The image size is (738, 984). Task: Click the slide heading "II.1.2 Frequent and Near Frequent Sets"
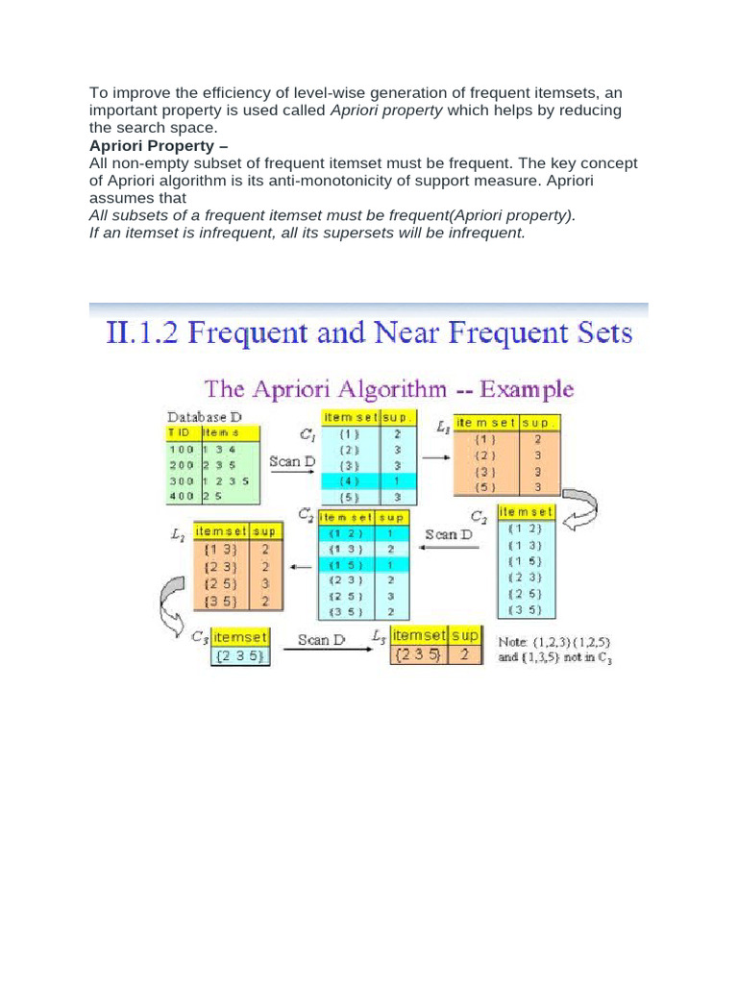pyautogui.click(x=366, y=334)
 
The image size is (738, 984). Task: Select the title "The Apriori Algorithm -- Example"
pyautogui.click(x=388, y=390)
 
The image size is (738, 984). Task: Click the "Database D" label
pyautogui.click(x=205, y=417)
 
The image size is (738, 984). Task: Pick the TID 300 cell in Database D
pyautogui.click(x=182, y=480)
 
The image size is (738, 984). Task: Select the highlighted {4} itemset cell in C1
pyautogui.click(x=350, y=480)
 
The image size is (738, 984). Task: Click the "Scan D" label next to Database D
pyautogui.click(x=292, y=461)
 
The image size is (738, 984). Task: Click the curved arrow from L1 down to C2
pyautogui.click(x=580, y=506)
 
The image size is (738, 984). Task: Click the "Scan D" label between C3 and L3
pyautogui.click(x=321, y=640)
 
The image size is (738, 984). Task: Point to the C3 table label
pyautogui.click(x=199, y=636)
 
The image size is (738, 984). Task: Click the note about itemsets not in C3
pyautogui.click(x=553, y=649)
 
